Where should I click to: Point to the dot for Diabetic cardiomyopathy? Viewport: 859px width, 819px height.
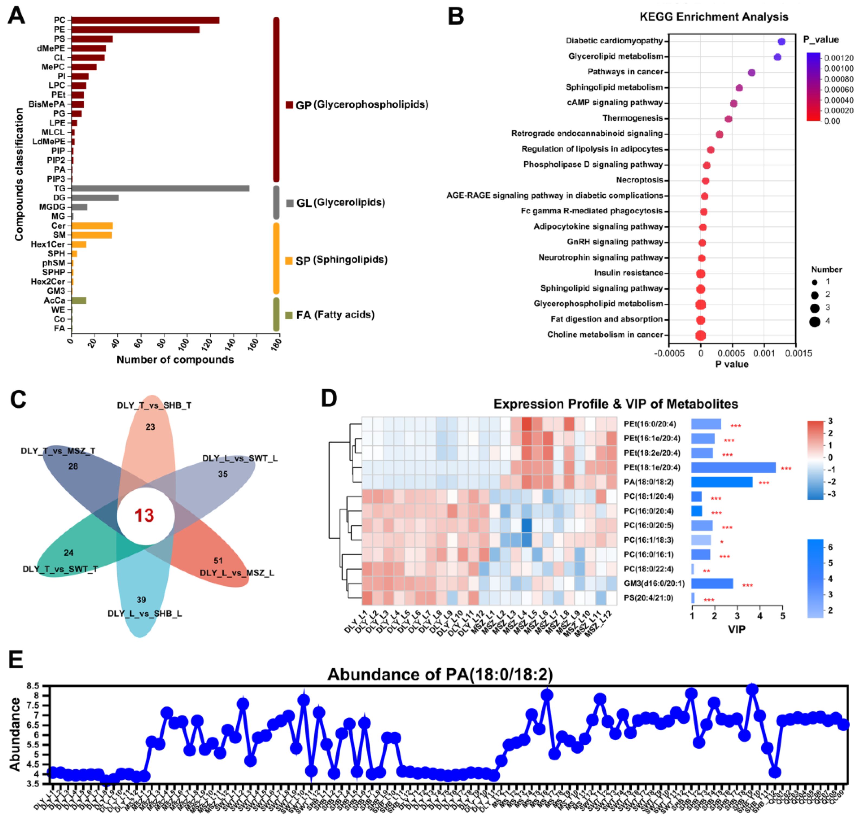(781, 41)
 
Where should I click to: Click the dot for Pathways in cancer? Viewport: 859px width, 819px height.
(751, 72)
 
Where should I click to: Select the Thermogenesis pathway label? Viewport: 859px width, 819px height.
(632, 118)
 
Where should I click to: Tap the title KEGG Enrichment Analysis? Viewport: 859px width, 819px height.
(714, 17)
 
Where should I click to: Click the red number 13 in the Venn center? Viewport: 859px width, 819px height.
(144, 516)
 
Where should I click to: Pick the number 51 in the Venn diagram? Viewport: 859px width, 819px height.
(218, 561)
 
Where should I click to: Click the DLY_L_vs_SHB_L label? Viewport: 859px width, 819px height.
(145, 614)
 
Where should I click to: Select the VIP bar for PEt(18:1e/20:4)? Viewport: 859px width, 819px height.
(733, 468)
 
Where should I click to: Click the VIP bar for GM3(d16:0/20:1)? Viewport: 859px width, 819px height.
(712, 584)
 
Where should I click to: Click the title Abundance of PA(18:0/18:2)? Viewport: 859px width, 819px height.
(440, 675)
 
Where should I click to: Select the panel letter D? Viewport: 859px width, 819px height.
(329, 398)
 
